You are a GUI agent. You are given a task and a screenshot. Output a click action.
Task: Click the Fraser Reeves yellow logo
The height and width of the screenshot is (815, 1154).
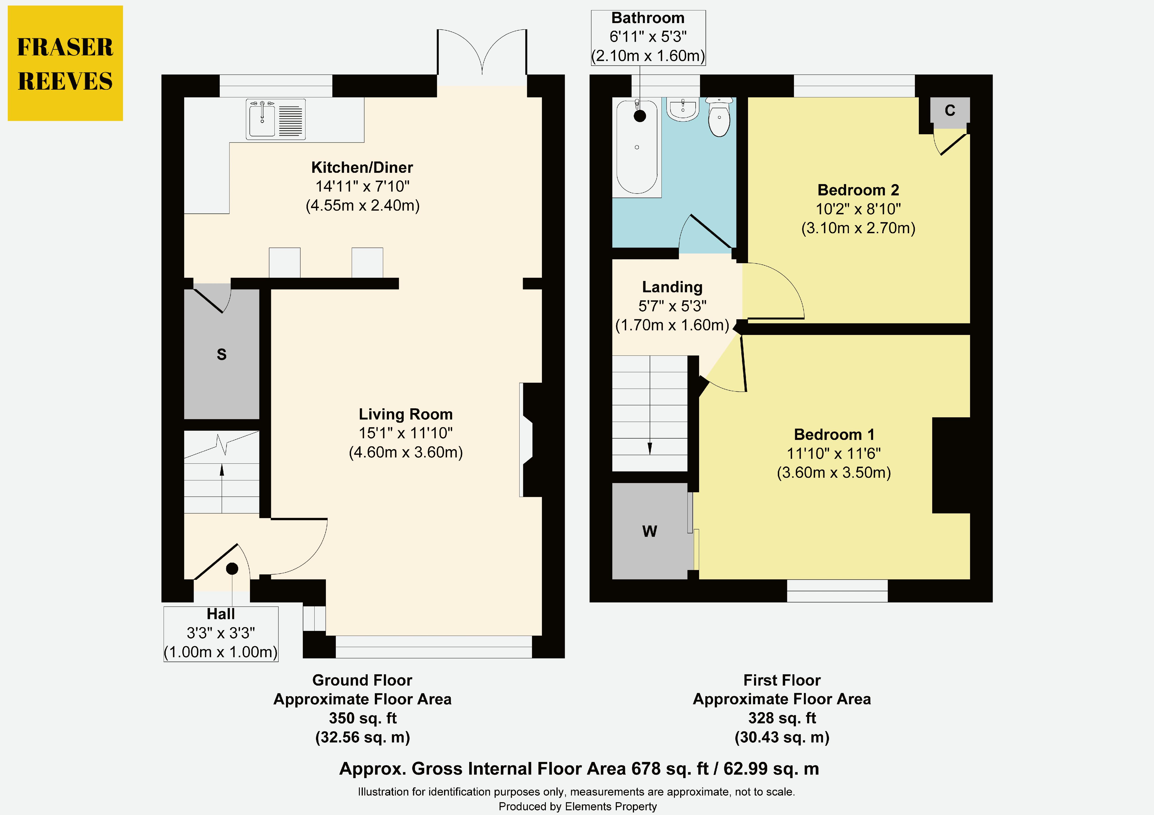pyautogui.click(x=65, y=63)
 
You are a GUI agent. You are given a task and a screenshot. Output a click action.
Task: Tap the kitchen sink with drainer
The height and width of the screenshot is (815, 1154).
pyautogui.click(x=275, y=119)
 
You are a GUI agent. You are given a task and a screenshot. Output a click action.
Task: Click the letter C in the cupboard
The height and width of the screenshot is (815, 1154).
pyautogui.click(x=950, y=110)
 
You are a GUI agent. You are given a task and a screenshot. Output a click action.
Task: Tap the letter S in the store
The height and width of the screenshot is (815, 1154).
pyautogui.click(x=222, y=354)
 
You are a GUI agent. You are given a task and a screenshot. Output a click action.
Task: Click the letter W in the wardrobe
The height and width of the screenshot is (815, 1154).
pyautogui.click(x=649, y=531)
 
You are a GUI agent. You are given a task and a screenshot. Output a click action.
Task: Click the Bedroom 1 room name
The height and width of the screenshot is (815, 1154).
pyautogui.click(x=834, y=434)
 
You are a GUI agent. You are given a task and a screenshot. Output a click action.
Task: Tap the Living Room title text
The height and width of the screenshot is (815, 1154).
pyautogui.click(x=406, y=414)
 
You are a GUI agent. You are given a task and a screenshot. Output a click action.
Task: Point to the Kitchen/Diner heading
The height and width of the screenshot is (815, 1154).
pyautogui.click(x=362, y=167)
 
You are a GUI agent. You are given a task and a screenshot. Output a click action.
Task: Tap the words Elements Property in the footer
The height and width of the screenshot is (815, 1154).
pyautogui.click(x=611, y=806)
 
